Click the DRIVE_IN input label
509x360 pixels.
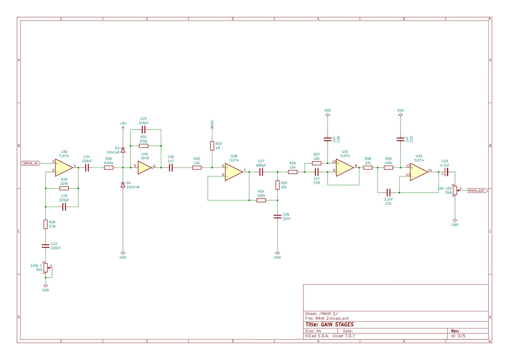pyautogui.click(x=31, y=163)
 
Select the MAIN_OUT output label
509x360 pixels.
pyautogui.click(x=477, y=190)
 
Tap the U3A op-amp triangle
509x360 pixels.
pyautogui.click(x=64, y=167)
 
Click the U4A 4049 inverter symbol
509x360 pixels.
pyautogui.click(x=145, y=167)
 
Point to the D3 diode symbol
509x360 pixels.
pyautogui.click(x=123, y=150)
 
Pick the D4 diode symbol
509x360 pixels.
pyautogui.click(x=123, y=185)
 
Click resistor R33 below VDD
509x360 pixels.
pyautogui.click(x=212, y=146)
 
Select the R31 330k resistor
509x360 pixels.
pyautogui.click(x=144, y=146)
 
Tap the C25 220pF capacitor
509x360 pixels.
pyautogui.click(x=144, y=130)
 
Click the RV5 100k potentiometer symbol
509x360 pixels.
pyautogui.click(x=46, y=268)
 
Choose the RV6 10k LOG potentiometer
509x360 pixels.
pyautogui.click(x=455, y=190)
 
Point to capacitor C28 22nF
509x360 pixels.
pyautogui.click(x=277, y=216)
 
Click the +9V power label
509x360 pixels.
pyautogui.click(x=123, y=124)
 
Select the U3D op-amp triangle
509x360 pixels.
pyautogui.click(x=419, y=172)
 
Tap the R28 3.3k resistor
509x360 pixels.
pyautogui.click(x=46, y=224)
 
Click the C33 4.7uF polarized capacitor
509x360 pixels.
pyautogui.click(x=446, y=172)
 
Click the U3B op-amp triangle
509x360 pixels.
pyautogui.click(x=234, y=172)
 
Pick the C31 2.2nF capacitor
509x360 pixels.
pyautogui.click(x=388, y=193)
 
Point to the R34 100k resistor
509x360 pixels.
pyautogui.click(x=261, y=200)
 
